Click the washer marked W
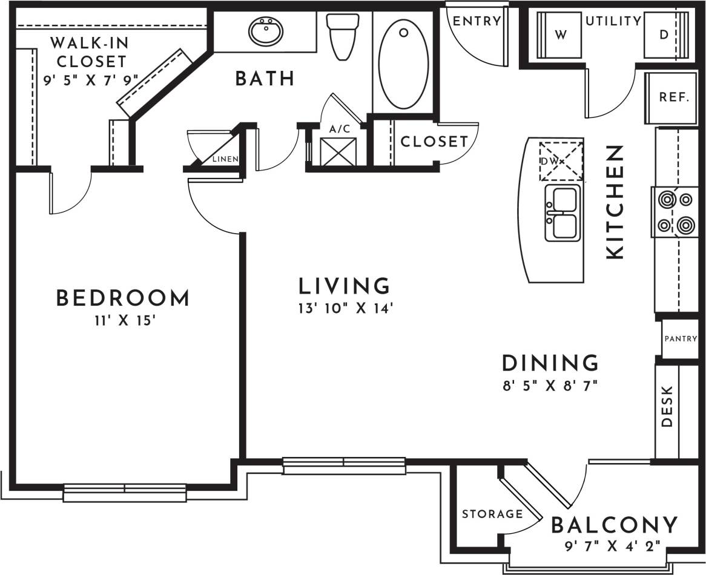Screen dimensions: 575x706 (x=560, y=35)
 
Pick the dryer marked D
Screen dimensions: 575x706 (x=664, y=35)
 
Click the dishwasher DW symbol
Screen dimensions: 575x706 (x=561, y=161)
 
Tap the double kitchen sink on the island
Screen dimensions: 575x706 (x=562, y=213)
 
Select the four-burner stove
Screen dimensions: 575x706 (x=675, y=211)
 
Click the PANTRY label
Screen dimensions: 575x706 (x=681, y=339)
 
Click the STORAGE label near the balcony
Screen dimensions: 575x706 (x=492, y=514)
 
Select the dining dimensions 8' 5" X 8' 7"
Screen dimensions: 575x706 (x=550, y=385)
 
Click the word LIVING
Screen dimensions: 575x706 (x=345, y=285)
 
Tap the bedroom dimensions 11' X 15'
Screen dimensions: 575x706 (x=122, y=320)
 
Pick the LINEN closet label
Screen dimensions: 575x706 (x=225, y=159)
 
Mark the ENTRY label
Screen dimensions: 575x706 (x=477, y=21)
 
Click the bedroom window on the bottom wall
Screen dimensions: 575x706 (x=125, y=492)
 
